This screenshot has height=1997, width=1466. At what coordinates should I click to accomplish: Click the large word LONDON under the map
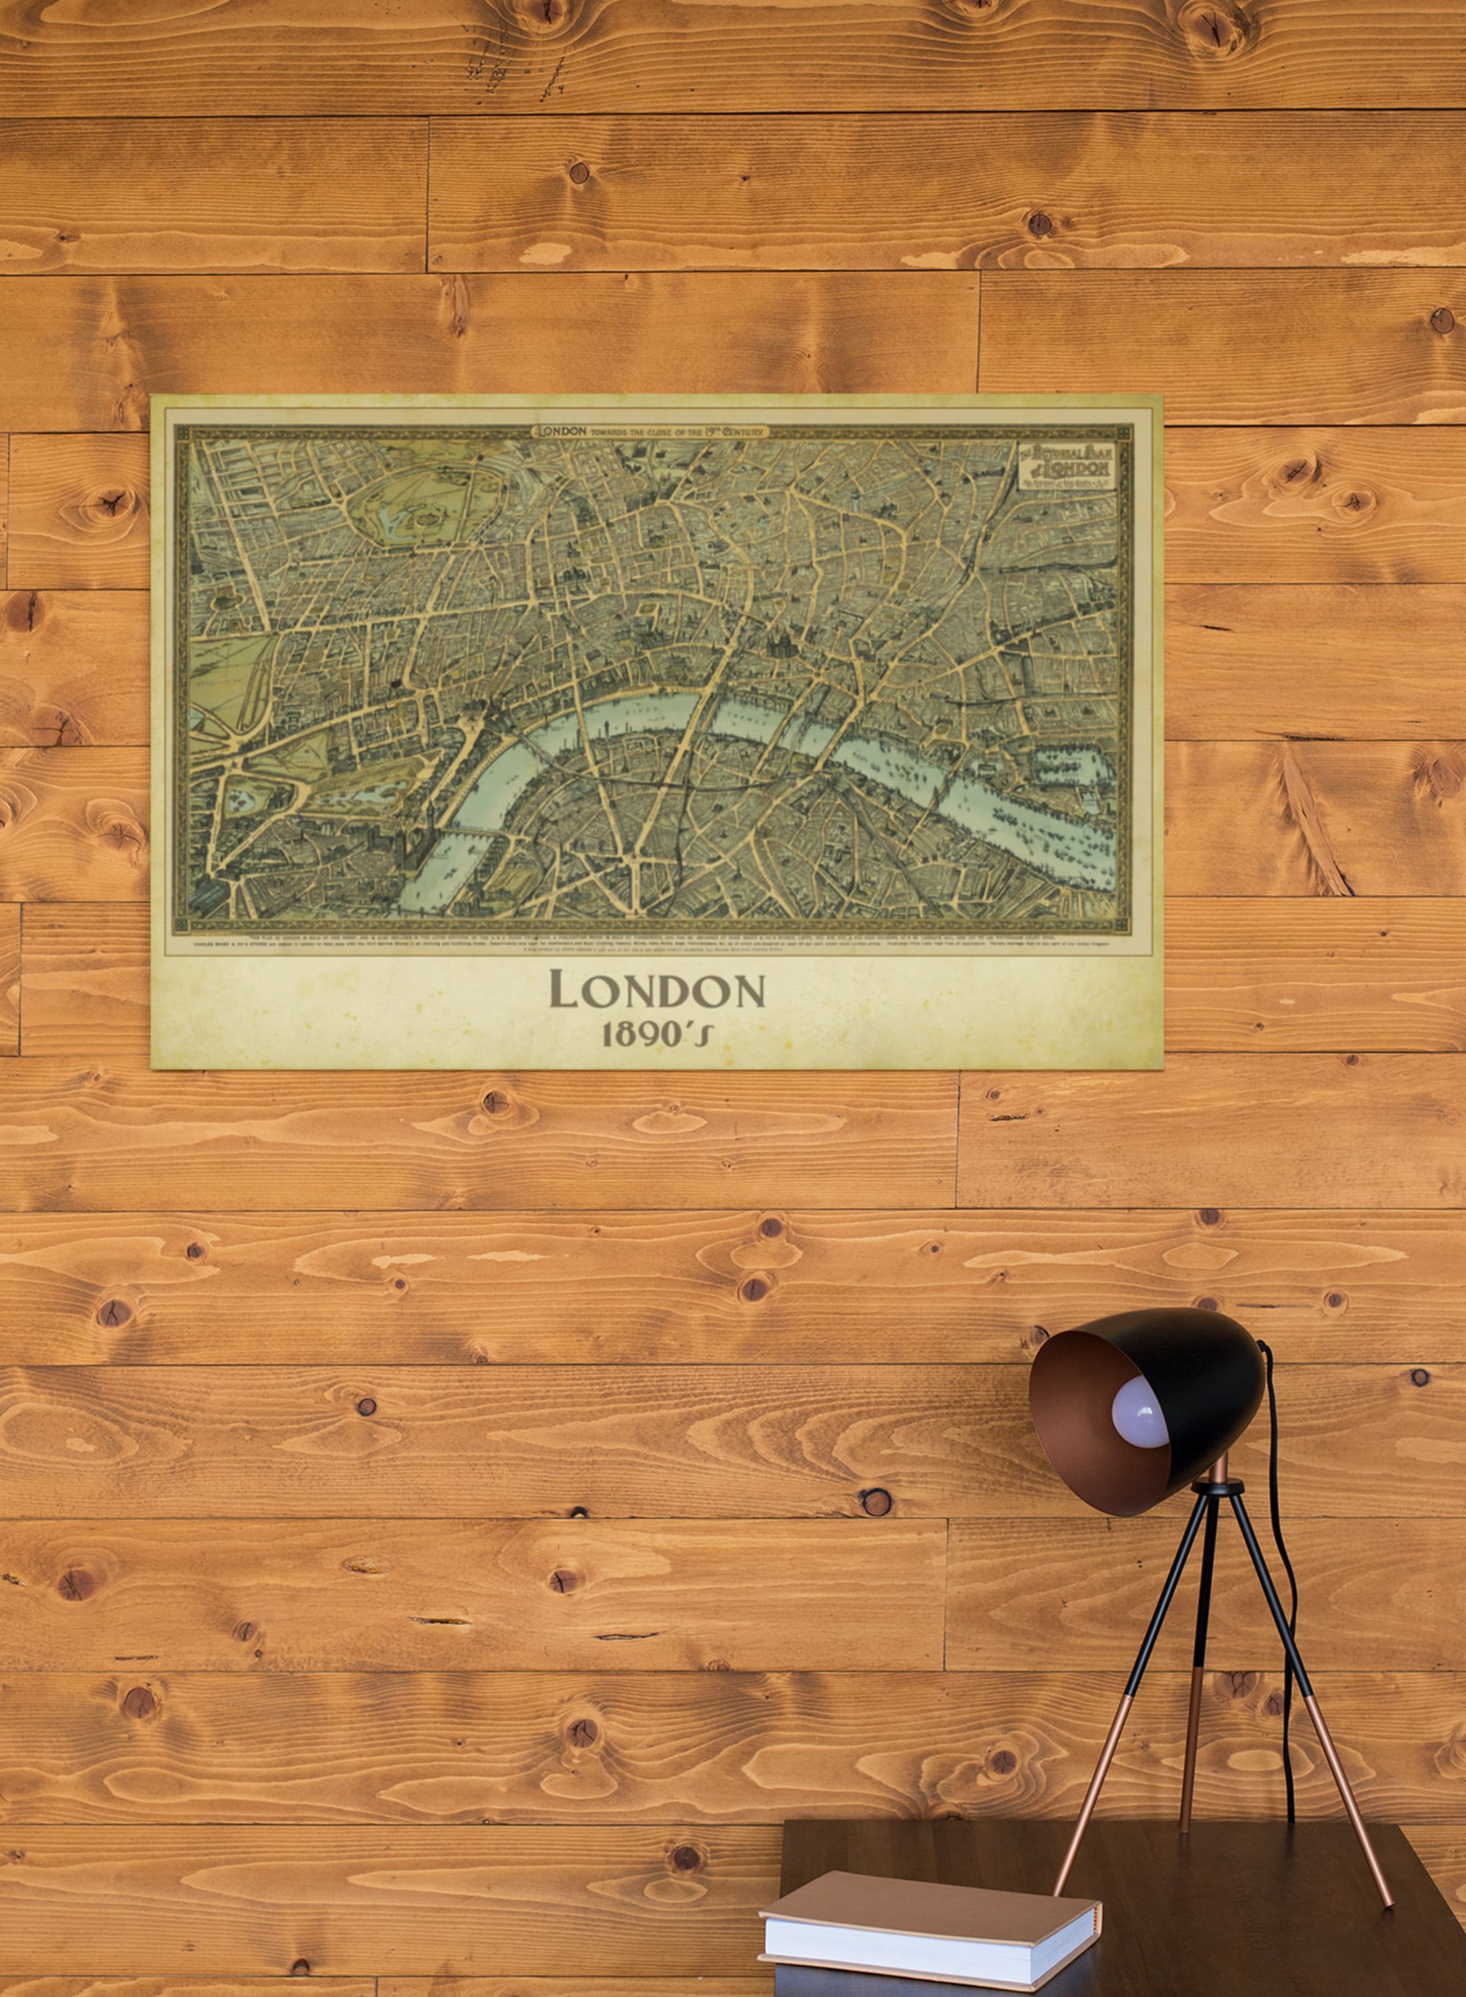pos(656,990)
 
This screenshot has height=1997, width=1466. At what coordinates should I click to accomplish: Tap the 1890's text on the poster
pos(656,1034)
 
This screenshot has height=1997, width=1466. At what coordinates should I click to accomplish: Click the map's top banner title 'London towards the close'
pos(650,431)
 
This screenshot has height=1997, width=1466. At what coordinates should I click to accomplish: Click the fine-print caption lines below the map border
pos(652,942)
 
